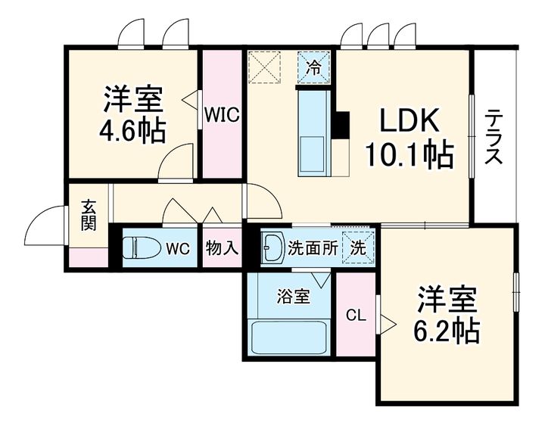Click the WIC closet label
point(222,114)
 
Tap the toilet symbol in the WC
point(142,247)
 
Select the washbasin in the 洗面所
point(273,247)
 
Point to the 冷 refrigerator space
point(313,67)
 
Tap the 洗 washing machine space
point(358,247)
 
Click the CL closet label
point(356,316)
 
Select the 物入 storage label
point(222,247)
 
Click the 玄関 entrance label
point(89,216)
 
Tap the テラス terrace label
point(494,136)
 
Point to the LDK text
point(409,120)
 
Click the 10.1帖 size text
point(409,154)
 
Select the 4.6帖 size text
point(132,131)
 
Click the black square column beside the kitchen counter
point(341,125)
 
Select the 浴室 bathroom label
point(294,297)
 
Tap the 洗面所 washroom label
point(313,248)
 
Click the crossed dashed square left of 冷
point(264,67)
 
